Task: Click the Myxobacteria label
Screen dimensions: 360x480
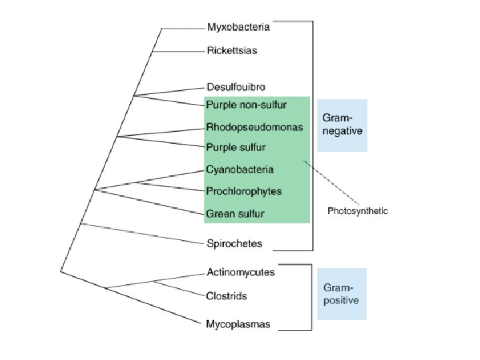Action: coord(238,27)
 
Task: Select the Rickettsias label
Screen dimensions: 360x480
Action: coord(231,50)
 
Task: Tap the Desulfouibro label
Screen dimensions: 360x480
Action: coord(236,87)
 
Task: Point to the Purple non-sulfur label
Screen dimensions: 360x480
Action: coord(246,104)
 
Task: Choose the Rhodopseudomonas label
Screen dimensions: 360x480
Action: coord(254,127)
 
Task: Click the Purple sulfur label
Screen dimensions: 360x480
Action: coord(235,147)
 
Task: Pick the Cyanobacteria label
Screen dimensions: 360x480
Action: coord(239,169)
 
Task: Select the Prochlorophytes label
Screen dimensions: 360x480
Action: coord(244,191)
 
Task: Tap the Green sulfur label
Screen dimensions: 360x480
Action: coord(235,213)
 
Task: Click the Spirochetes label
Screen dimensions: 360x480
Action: coord(234,243)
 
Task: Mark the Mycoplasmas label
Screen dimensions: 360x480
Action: coord(238,325)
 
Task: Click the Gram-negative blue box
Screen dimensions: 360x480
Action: coord(341,125)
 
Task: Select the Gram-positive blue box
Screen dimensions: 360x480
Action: coord(341,294)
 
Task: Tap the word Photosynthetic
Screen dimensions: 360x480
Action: coord(357,211)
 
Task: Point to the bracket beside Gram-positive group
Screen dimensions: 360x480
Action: coord(310,297)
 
